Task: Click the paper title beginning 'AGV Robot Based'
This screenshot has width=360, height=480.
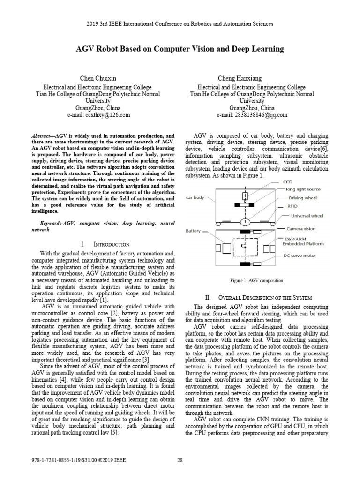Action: coord(180,49)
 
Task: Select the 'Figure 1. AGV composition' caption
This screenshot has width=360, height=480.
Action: coord(256,281)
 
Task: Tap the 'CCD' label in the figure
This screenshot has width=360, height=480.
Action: coord(290,181)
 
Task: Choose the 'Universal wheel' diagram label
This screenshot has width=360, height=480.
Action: coord(307,216)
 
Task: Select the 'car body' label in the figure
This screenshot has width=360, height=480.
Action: coord(195,198)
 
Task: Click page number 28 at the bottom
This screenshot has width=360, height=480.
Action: coord(180,460)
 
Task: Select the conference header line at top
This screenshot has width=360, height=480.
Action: coord(180,23)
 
